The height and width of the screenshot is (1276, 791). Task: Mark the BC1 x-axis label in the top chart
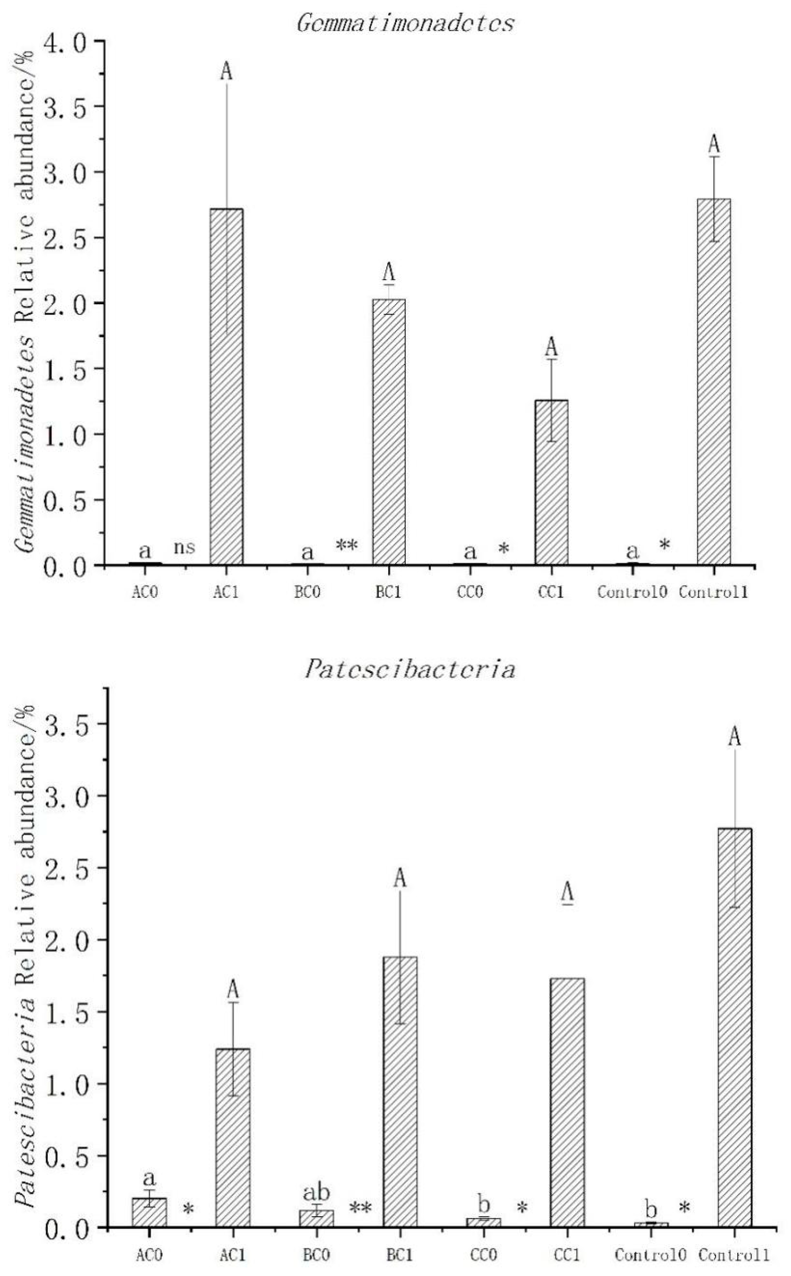(x=388, y=592)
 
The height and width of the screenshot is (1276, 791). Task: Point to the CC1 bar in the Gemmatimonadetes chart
(x=551, y=482)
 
